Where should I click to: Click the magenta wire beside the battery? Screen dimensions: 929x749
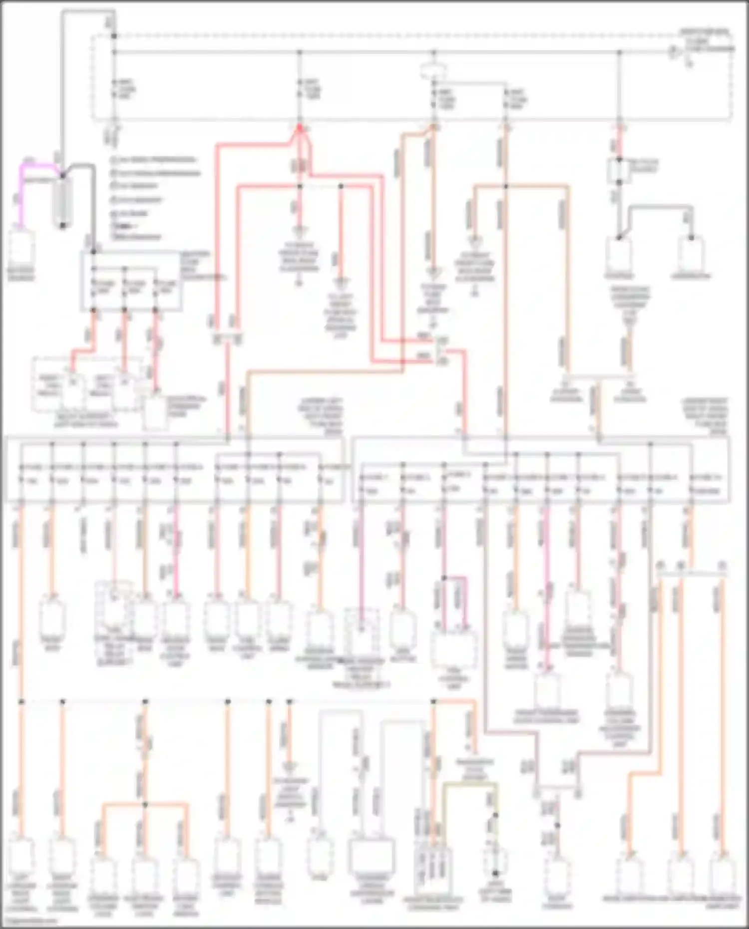21,192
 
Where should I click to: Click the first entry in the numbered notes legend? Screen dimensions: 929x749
155,160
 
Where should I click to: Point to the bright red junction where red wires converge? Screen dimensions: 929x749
300,129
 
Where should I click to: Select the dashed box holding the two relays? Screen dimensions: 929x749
87,384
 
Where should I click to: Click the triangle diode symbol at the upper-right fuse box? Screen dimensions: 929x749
675,51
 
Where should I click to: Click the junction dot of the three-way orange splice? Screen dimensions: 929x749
145,805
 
